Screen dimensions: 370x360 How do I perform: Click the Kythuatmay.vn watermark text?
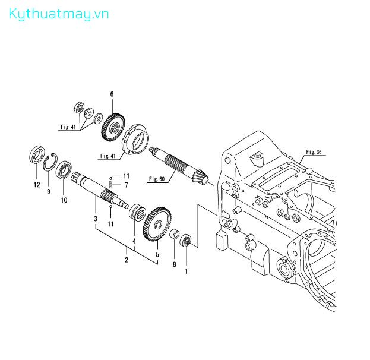coord(59,14)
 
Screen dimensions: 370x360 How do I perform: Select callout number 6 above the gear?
coord(112,94)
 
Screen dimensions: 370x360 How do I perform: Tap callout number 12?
coord(37,185)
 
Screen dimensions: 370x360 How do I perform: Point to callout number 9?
coord(49,191)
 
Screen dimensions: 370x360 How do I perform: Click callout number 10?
coord(64,200)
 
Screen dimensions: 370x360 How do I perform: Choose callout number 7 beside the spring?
coord(127,185)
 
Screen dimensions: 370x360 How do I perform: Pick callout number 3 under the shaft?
coord(96,219)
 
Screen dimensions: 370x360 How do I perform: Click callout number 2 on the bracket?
coord(127,260)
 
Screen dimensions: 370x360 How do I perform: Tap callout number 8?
coord(175,264)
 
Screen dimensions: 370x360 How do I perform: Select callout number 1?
coord(186,271)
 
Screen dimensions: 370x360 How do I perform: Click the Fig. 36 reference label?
coord(314,152)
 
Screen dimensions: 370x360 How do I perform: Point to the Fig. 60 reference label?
coord(157,179)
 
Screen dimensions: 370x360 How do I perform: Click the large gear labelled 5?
coord(157,225)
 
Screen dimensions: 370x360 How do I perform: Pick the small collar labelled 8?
coord(175,233)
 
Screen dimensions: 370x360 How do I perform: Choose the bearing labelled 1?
coord(186,241)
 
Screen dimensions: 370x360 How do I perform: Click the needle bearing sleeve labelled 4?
coord(137,211)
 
